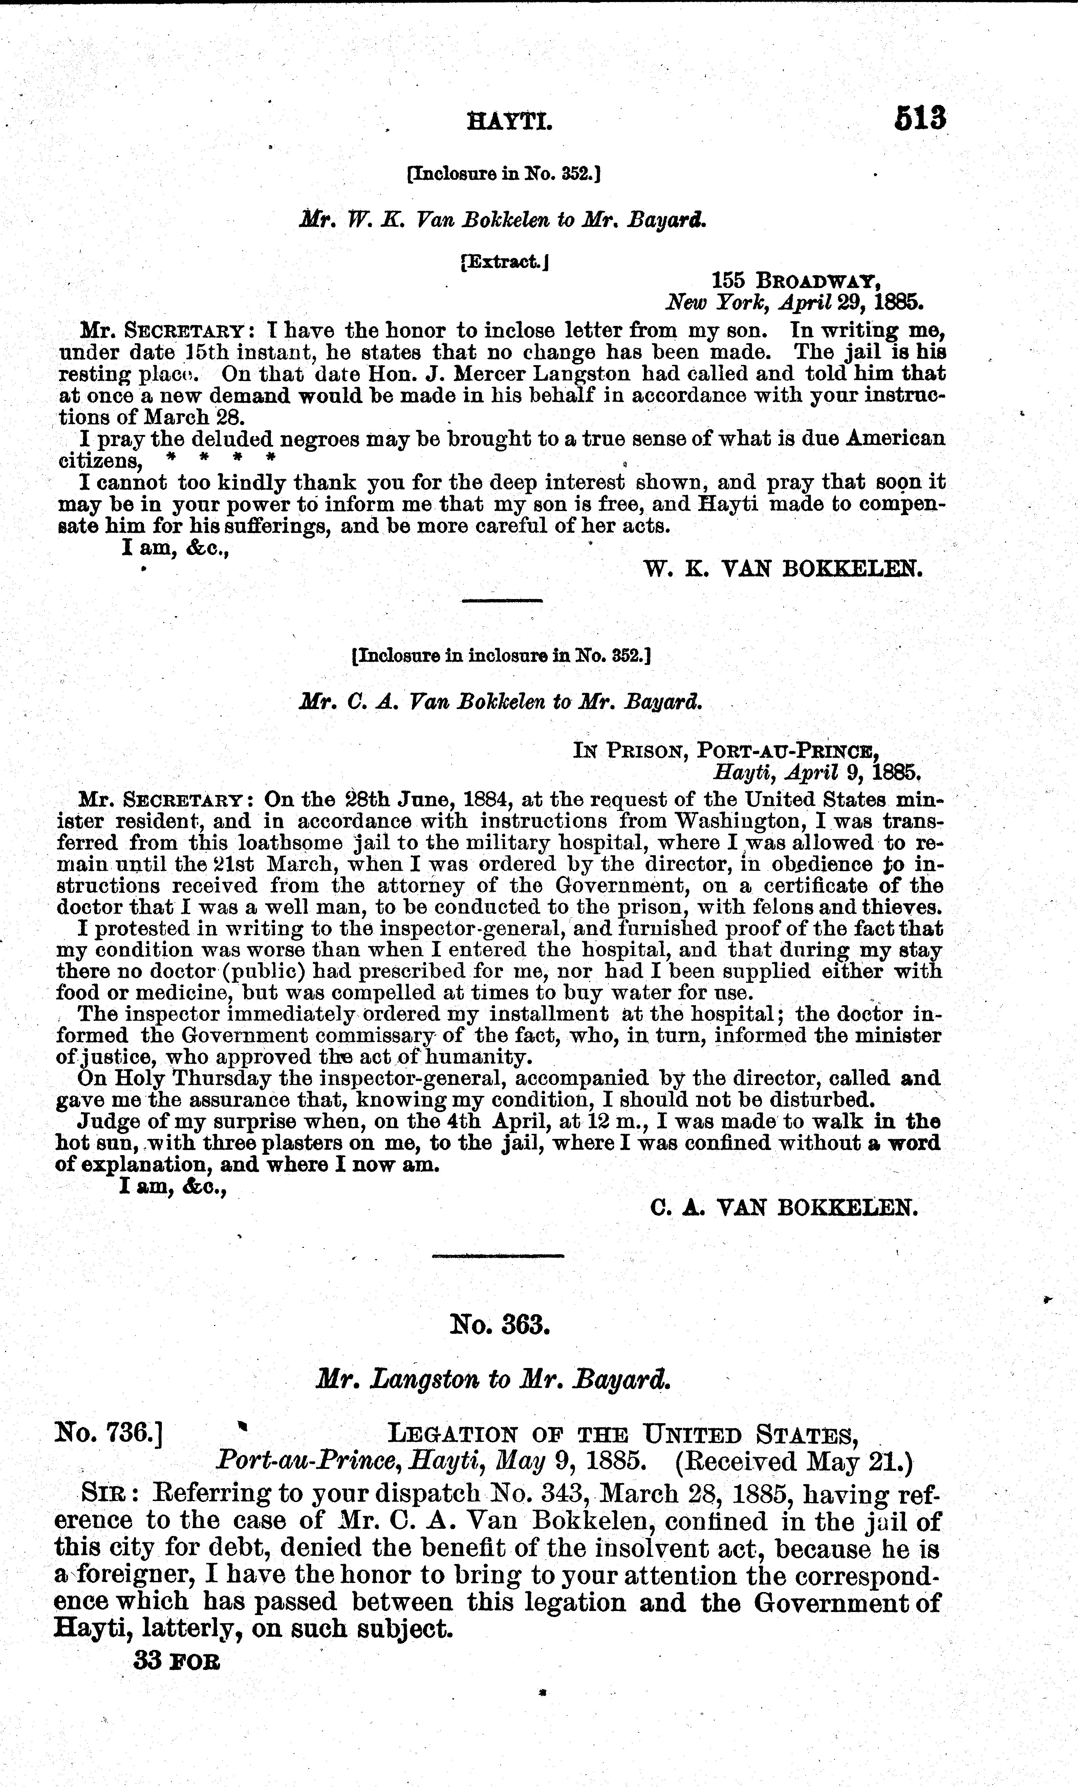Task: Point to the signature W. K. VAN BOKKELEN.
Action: click(x=783, y=569)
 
